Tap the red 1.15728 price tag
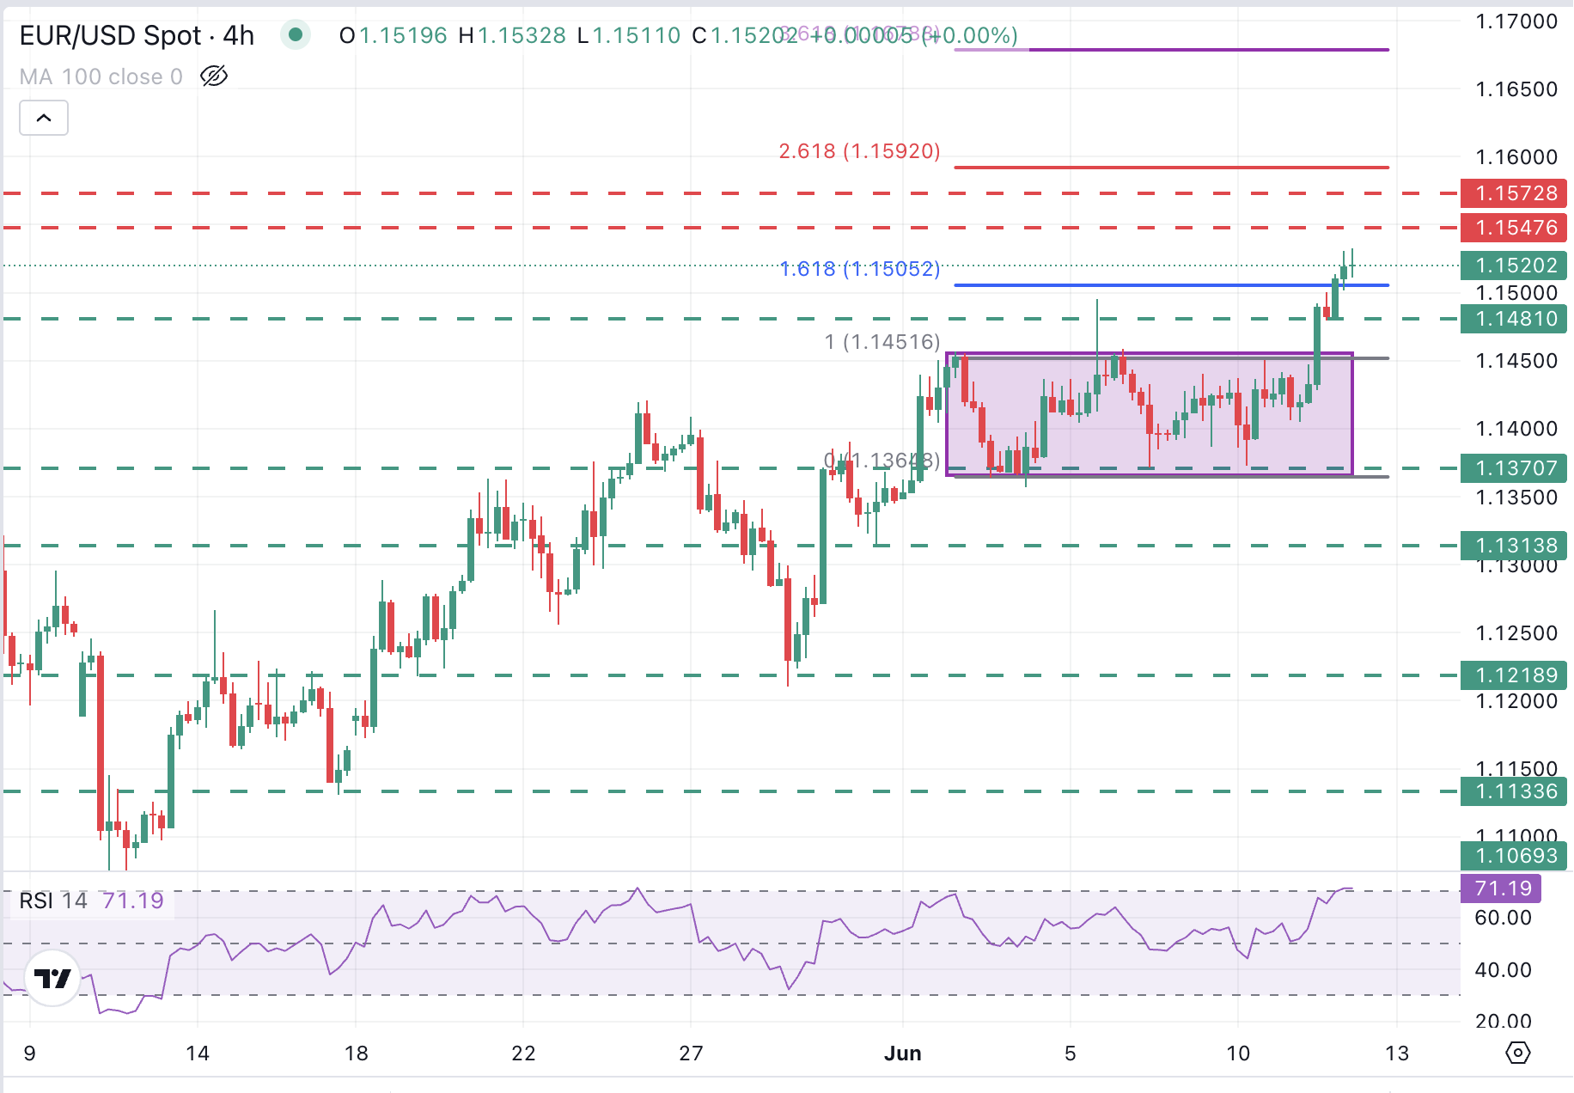tap(1514, 193)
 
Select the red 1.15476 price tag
tap(1514, 228)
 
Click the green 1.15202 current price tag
tap(1514, 266)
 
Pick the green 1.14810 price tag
tap(1514, 319)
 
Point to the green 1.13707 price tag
tap(1514, 468)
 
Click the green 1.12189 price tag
tap(1514, 675)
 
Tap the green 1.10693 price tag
tap(1514, 856)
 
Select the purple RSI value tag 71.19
tap(1501, 888)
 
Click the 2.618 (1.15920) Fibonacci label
tap(859, 151)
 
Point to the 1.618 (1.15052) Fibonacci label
tap(859, 269)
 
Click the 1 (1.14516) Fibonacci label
tap(882, 342)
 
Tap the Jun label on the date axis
tap(902, 1053)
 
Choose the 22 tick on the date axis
tap(523, 1053)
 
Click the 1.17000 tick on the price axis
tap(1516, 21)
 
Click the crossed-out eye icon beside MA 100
tap(214, 76)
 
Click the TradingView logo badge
tap(53, 978)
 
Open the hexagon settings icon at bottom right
tap(1518, 1053)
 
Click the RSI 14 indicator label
tap(53, 901)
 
